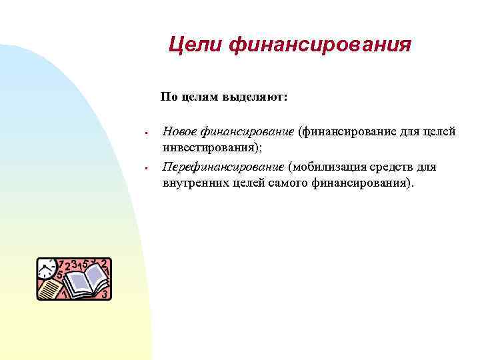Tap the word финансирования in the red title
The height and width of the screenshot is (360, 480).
click(x=319, y=45)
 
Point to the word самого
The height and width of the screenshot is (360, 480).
click(x=287, y=182)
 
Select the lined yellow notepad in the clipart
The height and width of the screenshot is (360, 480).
click(x=50, y=289)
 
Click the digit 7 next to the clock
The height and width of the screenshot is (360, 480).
click(x=61, y=264)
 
